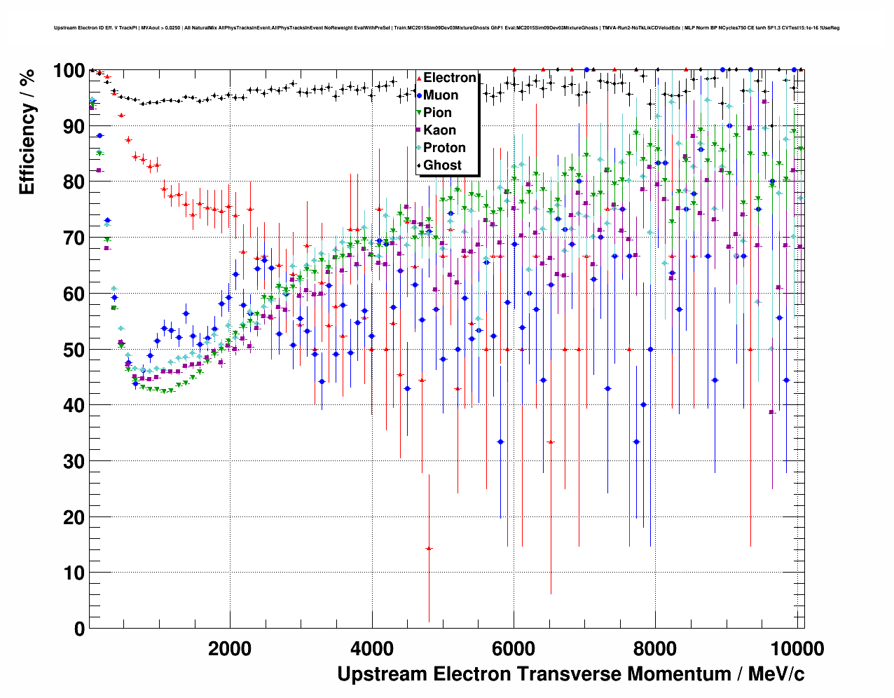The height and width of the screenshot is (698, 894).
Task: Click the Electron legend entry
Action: click(x=449, y=78)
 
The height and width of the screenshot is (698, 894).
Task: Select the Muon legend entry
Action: click(x=441, y=95)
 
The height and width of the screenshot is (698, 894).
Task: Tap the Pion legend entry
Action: click(x=437, y=113)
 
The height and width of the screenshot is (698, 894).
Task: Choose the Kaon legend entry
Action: click(x=439, y=130)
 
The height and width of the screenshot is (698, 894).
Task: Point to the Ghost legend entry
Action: click(x=442, y=165)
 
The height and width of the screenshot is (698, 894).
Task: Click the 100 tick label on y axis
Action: click(x=69, y=71)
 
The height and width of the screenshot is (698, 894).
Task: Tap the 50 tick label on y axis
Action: click(x=74, y=350)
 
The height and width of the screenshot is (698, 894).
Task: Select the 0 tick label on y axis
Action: click(x=79, y=629)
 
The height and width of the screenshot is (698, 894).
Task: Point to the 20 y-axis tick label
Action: click(x=74, y=517)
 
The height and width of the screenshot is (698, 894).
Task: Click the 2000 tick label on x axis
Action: click(x=230, y=648)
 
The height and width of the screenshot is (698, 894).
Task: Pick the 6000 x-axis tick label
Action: click(x=514, y=648)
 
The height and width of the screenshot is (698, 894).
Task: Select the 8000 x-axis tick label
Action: click(x=655, y=648)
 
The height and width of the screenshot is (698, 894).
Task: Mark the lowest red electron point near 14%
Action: click(x=429, y=548)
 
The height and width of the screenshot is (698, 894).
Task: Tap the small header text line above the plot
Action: click(x=446, y=28)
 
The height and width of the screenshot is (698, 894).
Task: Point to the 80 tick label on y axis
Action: click(x=74, y=182)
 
